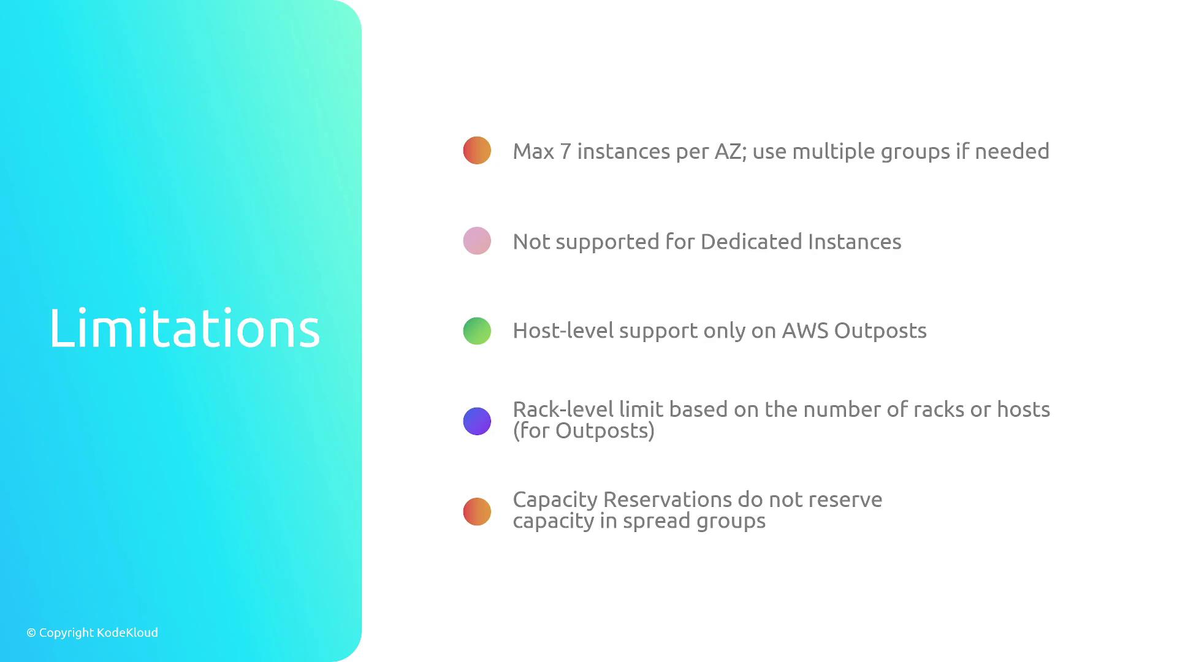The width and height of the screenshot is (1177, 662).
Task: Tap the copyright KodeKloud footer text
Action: click(92, 633)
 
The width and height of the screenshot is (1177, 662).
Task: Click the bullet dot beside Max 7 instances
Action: click(477, 150)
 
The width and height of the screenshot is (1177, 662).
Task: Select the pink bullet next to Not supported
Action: click(477, 241)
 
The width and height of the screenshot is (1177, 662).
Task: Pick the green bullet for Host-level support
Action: click(477, 331)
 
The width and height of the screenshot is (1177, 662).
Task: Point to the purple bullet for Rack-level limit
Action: click(477, 421)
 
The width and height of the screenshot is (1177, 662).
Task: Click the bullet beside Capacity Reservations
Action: click(477, 512)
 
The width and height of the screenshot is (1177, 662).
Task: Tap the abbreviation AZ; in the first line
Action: click(731, 151)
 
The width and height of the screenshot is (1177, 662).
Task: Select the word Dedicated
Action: click(752, 242)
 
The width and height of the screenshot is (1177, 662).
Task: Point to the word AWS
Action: click(805, 330)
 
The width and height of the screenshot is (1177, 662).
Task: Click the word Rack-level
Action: click(563, 409)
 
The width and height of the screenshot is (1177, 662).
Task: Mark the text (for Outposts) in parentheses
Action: click(584, 430)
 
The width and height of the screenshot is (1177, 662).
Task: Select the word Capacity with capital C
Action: click(555, 500)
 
